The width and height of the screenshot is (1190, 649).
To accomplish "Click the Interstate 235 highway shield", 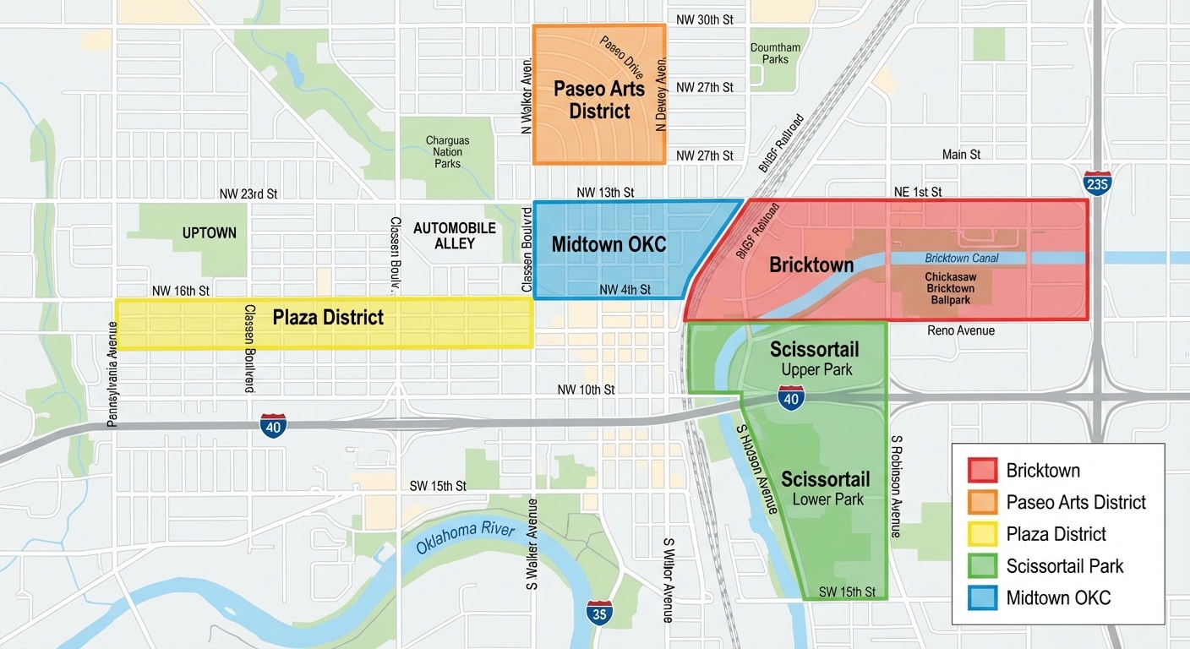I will (1097, 183).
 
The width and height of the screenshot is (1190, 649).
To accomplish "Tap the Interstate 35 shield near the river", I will (599, 614).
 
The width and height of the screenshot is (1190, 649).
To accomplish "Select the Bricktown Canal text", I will (961, 258).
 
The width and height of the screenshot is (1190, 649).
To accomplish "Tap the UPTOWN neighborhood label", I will (210, 232).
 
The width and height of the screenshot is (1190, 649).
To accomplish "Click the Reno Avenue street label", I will (961, 330).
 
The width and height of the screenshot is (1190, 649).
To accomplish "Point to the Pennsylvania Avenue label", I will (112, 374).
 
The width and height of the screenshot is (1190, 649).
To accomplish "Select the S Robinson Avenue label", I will (897, 487).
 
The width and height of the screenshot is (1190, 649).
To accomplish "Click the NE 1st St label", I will (918, 192).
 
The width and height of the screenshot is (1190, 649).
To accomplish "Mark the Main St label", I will (961, 155).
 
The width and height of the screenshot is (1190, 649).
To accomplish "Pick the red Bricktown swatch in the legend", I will (982, 470).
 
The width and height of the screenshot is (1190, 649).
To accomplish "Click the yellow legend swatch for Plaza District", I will (982, 534).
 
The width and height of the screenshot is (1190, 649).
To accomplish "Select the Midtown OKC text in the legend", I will (1058, 598).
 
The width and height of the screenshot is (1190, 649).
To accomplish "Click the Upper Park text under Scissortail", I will (816, 369).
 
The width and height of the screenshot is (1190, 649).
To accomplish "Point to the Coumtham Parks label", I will (775, 53).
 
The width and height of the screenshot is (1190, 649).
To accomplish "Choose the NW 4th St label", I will (625, 290).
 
